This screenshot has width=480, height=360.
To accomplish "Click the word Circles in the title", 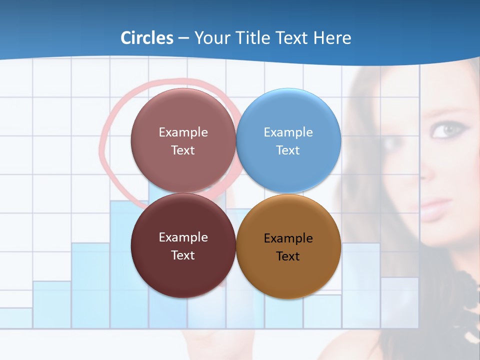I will pos(146,38).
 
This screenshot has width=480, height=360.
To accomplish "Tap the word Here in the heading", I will pos(332,38).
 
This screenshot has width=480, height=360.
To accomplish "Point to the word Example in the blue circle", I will pos(288,132).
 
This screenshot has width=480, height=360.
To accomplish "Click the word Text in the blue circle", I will pos(287,150).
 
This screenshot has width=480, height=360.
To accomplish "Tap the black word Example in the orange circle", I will pos(288,238).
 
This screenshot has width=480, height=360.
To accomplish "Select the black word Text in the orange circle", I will pos(287,256).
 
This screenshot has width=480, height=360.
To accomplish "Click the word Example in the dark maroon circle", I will pos(183,237).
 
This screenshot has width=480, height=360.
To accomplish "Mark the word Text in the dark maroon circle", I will pos(182,255).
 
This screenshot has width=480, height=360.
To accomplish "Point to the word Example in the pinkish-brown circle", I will pos(183,132).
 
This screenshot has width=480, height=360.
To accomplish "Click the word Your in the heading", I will pos(210,38).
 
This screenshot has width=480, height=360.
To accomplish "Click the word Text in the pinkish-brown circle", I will pos(182,150).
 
